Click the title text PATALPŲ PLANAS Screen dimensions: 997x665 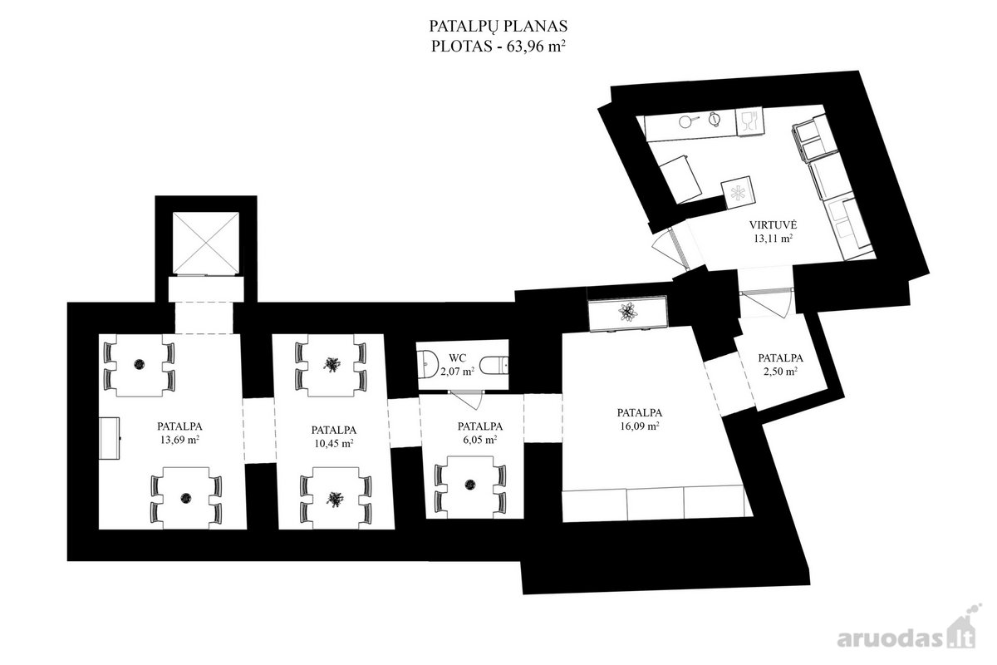[498, 27]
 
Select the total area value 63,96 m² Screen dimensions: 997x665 [536, 47]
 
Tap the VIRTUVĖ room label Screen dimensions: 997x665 [773, 225]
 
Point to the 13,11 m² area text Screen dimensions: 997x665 [773, 239]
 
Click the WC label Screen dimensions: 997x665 [458, 357]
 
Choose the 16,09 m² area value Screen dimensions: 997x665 [640, 426]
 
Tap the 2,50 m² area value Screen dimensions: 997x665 [780, 371]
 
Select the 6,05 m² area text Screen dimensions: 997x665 [480, 439]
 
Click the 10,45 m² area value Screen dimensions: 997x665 [334, 443]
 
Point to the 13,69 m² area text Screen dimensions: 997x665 [179, 440]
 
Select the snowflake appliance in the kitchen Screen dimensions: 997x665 [738, 192]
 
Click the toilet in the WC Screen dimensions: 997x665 [494, 365]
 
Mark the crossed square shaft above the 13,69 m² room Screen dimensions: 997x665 [206, 243]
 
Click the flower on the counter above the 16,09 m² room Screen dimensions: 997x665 [627, 312]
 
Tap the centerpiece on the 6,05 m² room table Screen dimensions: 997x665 [470, 484]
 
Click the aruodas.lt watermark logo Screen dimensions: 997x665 [906, 635]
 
